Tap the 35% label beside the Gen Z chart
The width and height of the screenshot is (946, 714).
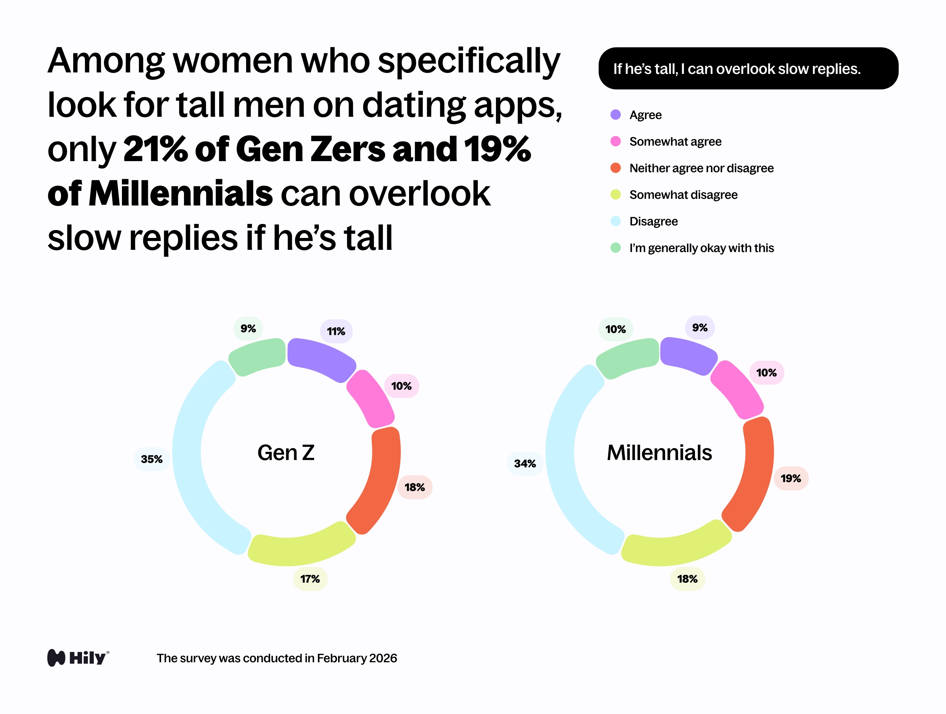(x=152, y=459)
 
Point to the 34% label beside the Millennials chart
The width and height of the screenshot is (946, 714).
(x=525, y=463)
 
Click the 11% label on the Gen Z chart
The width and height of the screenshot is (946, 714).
(x=336, y=331)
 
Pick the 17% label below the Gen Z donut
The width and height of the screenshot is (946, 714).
(x=310, y=579)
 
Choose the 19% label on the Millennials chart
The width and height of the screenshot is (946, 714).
(x=791, y=478)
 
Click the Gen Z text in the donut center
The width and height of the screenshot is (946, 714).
(x=286, y=453)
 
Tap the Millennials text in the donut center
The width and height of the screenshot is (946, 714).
(x=659, y=453)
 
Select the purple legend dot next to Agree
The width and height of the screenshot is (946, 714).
(x=615, y=115)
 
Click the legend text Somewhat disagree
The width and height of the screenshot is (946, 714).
(x=683, y=195)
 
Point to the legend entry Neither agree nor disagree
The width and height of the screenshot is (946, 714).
(x=701, y=168)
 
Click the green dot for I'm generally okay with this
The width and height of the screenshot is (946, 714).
(x=615, y=248)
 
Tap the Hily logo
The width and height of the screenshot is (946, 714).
(x=78, y=657)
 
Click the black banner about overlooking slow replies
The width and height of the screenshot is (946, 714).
(x=748, y=68)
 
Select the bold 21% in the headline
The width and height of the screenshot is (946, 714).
(x=155, y=149)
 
